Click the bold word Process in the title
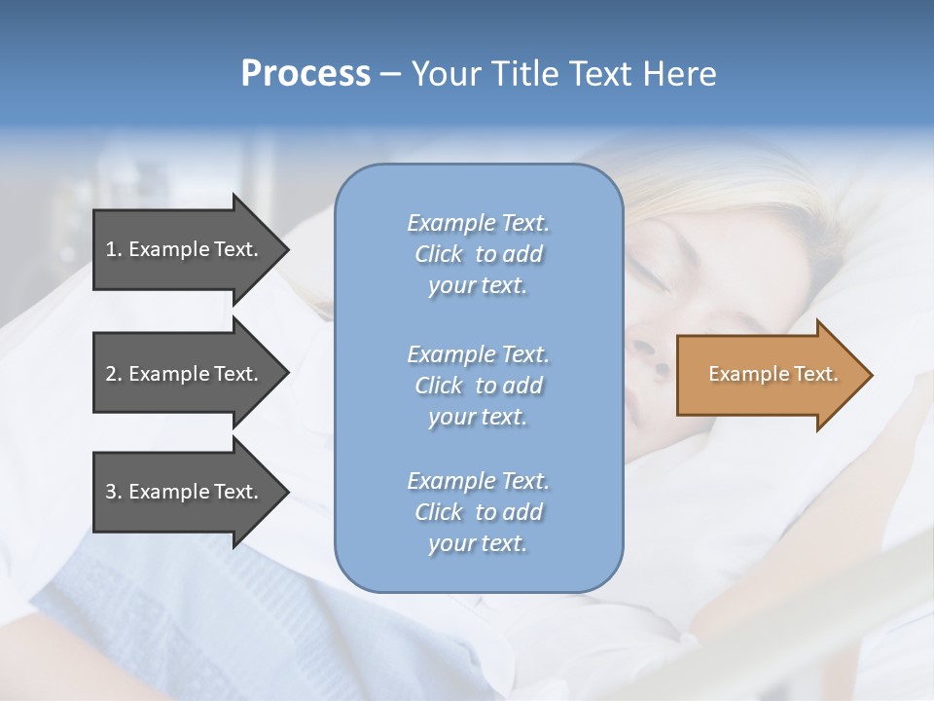pyautogui.click(x=305, y=73)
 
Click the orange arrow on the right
pyautogui.click(x=769, y=374)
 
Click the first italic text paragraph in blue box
pyautogui.click(x=478, y=254)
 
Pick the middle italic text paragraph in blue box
pyautogui.click(x=478, y=386)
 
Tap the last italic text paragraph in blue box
pyautogui.click(x=478, y=512)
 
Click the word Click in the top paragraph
pyautogui.click(x=439, y=254)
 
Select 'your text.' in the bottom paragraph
pyautogui.click(x=478, y=543)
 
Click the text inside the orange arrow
pyautogui.click(x=772, y=374)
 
